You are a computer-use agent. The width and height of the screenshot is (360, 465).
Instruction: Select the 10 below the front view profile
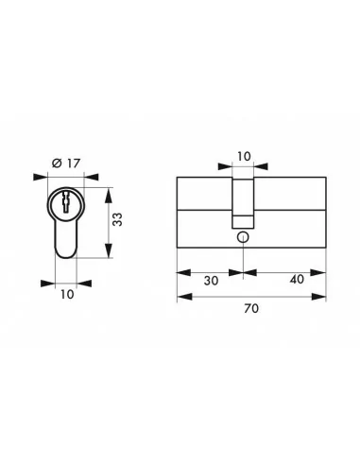(x=66, y=295)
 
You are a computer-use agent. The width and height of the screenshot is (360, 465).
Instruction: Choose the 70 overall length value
(x=251, y=308)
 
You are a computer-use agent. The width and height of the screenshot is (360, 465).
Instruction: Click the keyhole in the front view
(x=66, y=201)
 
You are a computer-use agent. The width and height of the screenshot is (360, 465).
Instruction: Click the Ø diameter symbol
(x=57, y=164)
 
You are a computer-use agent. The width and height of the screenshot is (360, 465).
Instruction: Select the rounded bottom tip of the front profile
(x=66, y=251)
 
